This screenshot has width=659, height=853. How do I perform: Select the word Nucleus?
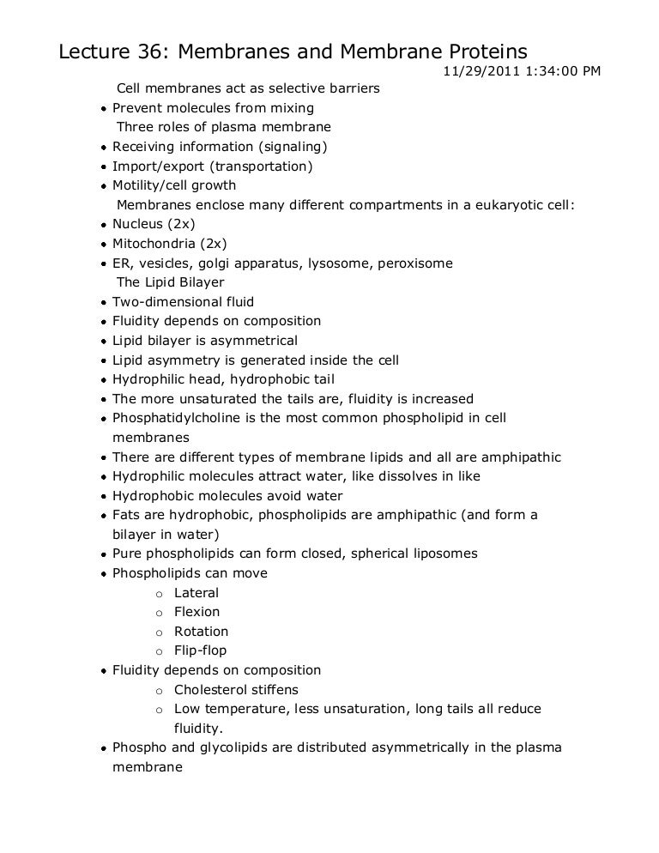[138, 224]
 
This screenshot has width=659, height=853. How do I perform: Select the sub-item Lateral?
[196, 593]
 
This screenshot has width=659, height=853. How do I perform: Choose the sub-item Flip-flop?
[200, 650]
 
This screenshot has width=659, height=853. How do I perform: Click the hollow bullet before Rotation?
[159, 632]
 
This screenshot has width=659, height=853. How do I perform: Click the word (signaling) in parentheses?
[295, 147]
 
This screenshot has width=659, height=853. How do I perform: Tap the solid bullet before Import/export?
[103, 166]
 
